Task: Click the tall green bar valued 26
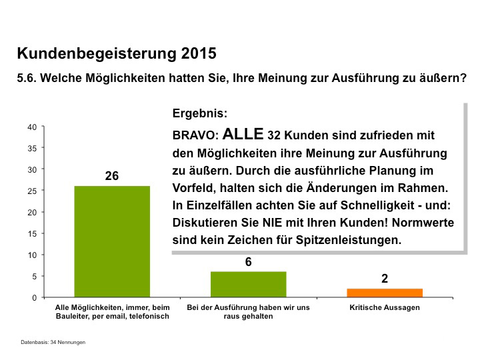click(112, 241)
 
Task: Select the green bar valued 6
click(248, 284)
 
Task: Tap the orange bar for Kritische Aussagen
click(385, 293)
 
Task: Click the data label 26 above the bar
click(112, 177)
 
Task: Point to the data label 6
click(248, 263)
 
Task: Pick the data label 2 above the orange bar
click(385, 279)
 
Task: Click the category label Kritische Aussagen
click(384, 307)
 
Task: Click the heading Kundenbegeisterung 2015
click(116, 53)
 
